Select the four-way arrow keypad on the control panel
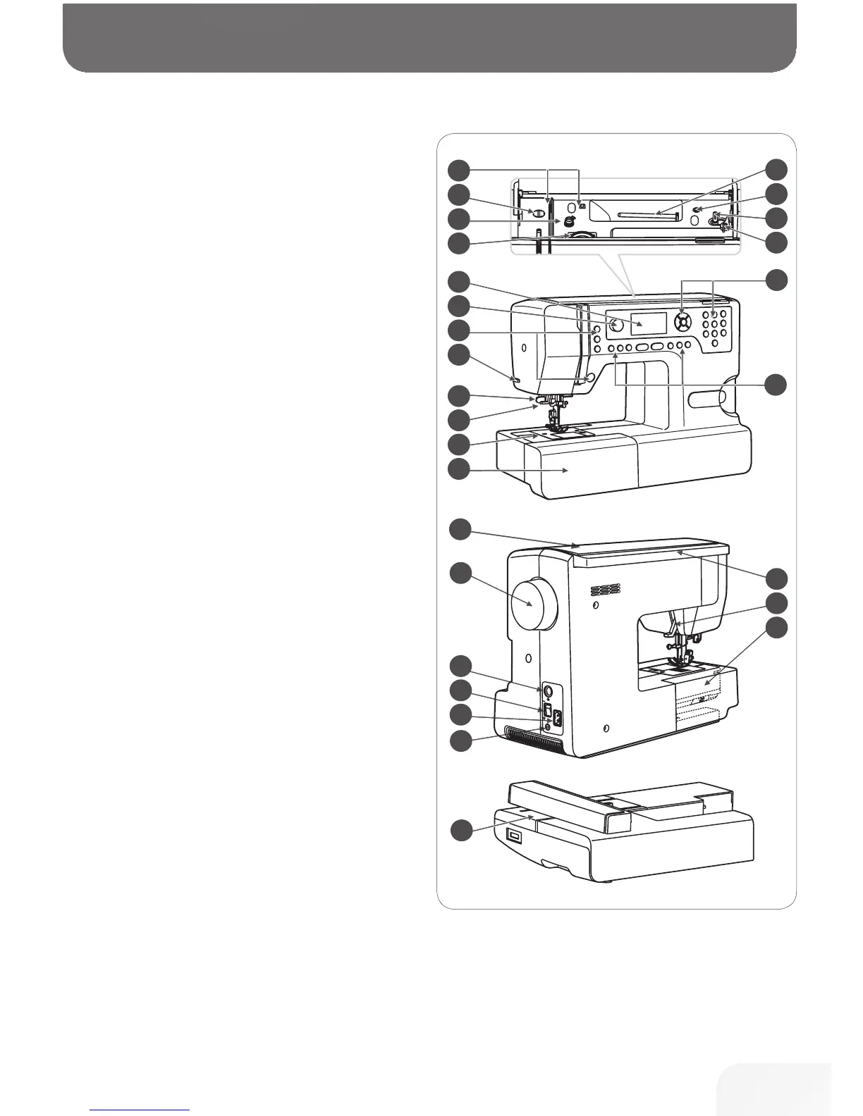(x=682, y=323)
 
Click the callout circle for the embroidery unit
(x=460, y=829)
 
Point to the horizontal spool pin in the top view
(x=645, y=213)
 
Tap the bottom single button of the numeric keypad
(x=714, y=342)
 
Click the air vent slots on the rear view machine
(x=606, y=589)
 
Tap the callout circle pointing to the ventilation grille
(x=460, y=740)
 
